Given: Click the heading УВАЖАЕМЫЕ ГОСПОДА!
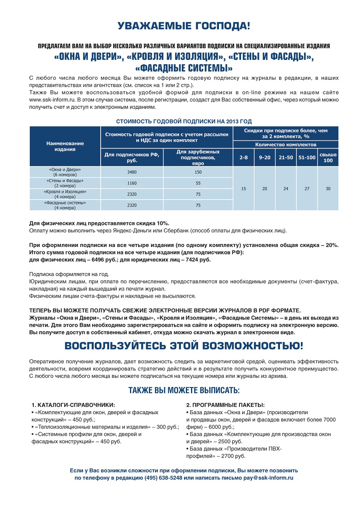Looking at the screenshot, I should pyautogui.click(x=184, y=26).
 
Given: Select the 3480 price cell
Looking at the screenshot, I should pyautogui.click(x=132, y=172).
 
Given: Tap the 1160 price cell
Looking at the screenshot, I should pyautogui.click(x=132, y=183).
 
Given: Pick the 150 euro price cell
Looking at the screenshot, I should pyautogui.click(x=198, y=172).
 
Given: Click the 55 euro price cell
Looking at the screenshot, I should pyautogui.click(x=198, y=183).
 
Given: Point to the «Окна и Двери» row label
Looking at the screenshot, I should pyautogui.click(x=65, y=172).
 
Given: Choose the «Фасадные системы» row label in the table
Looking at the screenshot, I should pyautogui.click(x=65, y=205).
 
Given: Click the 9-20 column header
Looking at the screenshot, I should pyautogui.click(x=264, y=157).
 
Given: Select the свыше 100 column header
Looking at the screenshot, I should pyautogui.click(x=328, y=157).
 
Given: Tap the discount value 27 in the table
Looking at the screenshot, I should pyautogui.click(x=307, y=189).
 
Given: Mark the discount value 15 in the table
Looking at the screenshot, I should pyautogui.click(x=244, y=189).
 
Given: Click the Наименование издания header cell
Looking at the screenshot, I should pyautogui.click(x=65, y=146).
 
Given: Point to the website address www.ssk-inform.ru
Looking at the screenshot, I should pyautogui.click(x=52, y=100).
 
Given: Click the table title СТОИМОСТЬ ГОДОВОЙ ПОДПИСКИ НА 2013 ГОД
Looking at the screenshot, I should pyautogui.click(x=184, y=121).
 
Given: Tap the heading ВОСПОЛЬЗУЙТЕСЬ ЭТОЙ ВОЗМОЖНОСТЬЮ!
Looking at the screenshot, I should pyautogui.click(x=184, y=346).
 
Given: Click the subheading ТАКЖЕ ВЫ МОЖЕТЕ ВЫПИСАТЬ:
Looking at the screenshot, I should pyautogui.click(x=184, y=390).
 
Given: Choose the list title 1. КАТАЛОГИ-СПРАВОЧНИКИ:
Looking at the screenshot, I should pyautogui.click(x=73, y=405).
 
